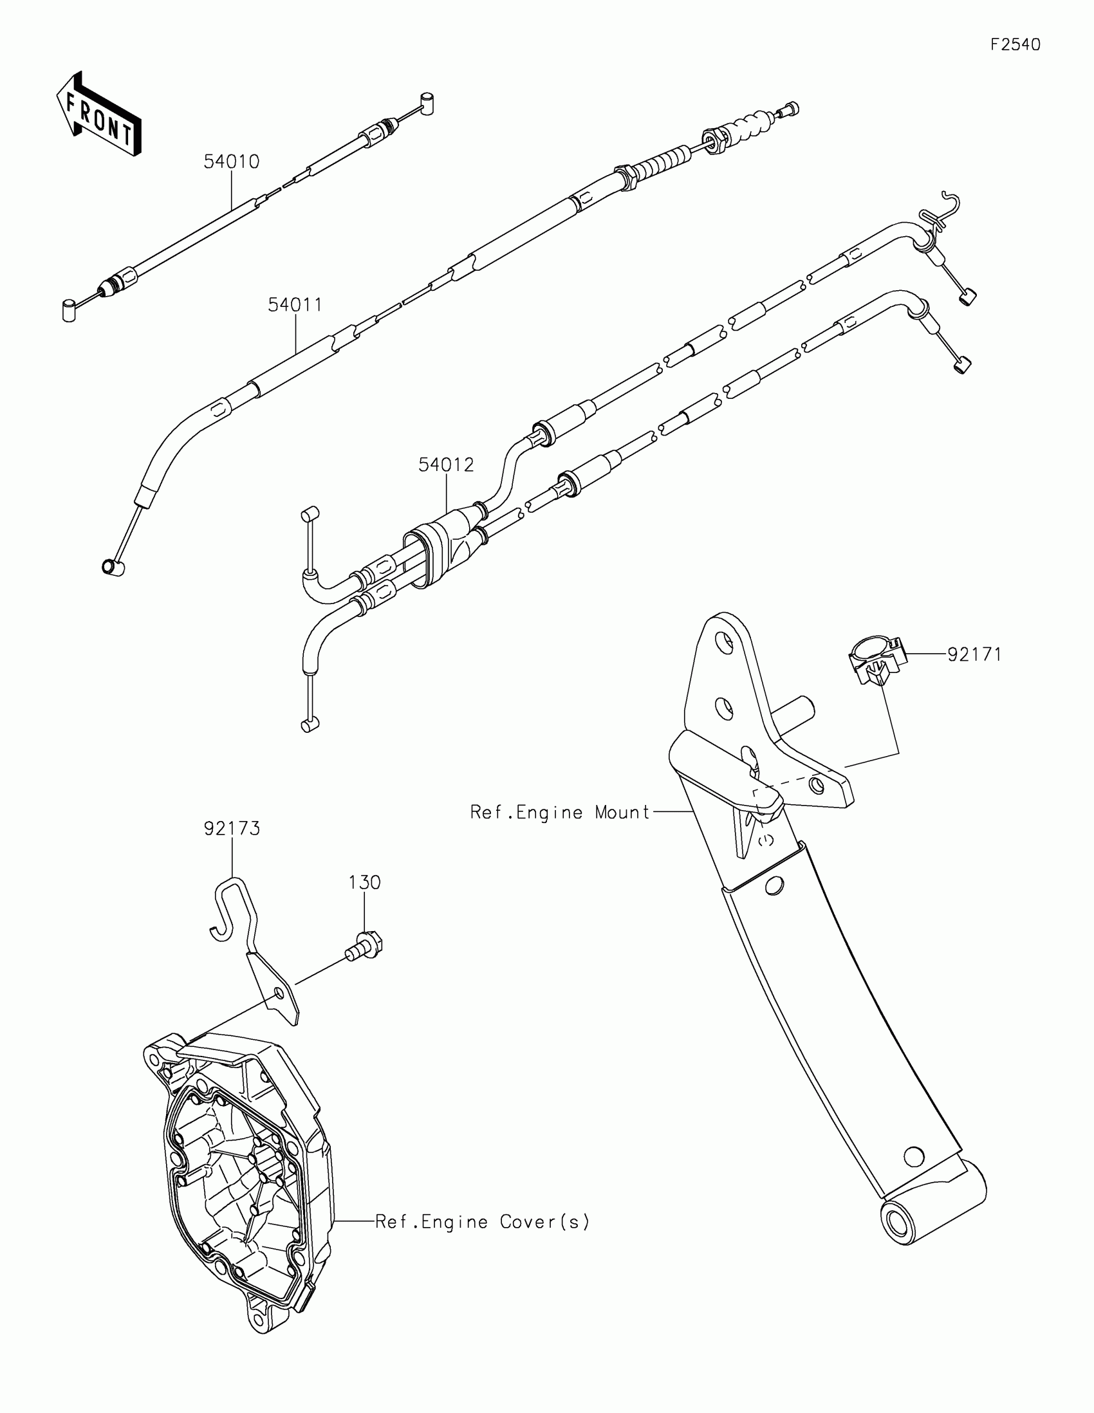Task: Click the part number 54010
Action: [231, 162]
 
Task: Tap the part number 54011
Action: [295, 305]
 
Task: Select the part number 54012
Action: [446, 465]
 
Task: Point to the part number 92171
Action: [974, 655]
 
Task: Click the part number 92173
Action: [232, 829]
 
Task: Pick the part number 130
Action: [365, 882]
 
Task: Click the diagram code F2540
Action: [1015, 44]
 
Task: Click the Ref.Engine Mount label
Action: [560, 812]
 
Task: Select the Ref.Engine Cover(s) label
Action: [483, 1222]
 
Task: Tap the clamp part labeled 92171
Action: [875, 660]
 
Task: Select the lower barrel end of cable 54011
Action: [113, 567]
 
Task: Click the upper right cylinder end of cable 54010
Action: [427, 104]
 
